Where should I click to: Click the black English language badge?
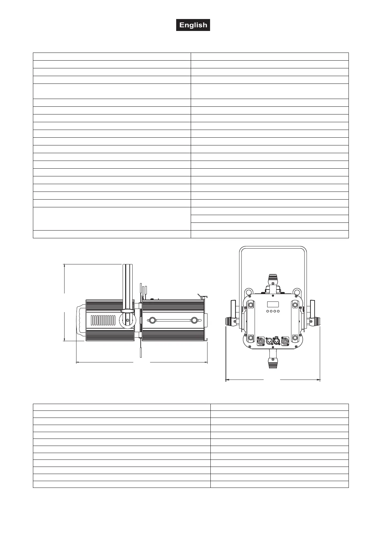(193, 25)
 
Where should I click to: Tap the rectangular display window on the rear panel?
(273, 304)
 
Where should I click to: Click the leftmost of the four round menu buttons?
(268, 311)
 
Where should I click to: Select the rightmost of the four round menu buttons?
(278, 311)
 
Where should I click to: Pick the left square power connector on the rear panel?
(260, 341)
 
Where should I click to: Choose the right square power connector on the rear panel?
(285, 341)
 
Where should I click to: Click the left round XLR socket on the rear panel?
(269, 341)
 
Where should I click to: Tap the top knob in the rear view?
(273, 280)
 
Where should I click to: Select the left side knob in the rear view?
(231, 321)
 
